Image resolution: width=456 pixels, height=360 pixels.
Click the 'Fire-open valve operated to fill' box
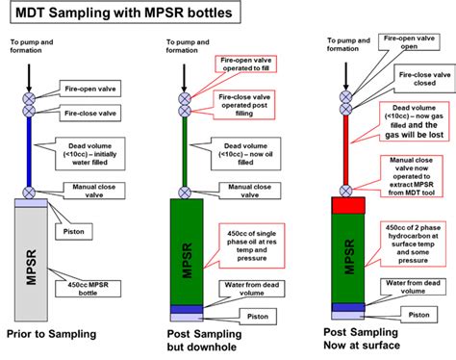237,64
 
